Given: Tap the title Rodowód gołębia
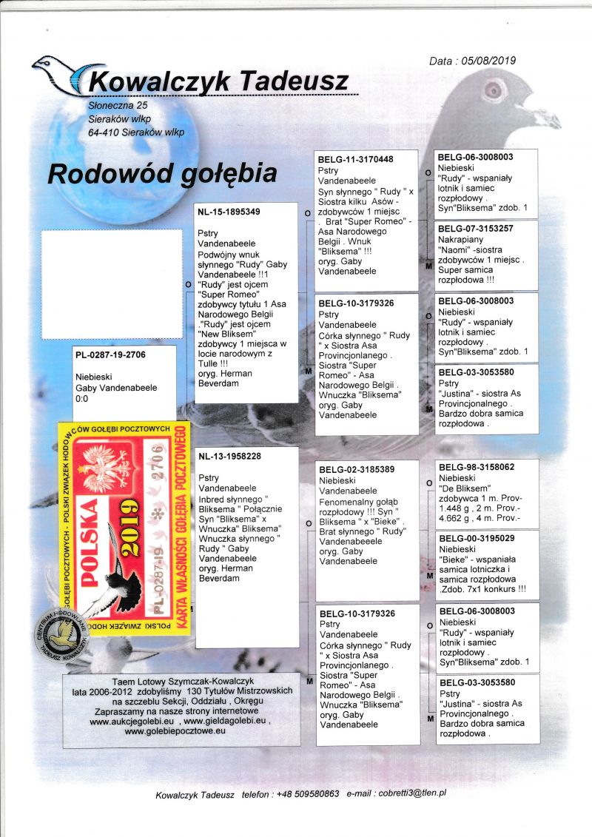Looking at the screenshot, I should point(162,173).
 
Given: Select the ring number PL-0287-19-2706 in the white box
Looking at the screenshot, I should point(111,355).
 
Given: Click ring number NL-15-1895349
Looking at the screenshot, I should point(229,212).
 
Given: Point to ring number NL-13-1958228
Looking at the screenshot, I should point(229,456).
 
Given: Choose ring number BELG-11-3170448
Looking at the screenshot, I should point(355,159).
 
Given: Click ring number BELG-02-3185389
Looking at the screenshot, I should point(355,469).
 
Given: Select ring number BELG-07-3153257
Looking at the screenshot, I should point(476,229).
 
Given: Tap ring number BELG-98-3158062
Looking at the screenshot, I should point(476,467).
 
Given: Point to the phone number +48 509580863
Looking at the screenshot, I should point(307,794).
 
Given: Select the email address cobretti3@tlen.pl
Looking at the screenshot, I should point(411,793).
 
